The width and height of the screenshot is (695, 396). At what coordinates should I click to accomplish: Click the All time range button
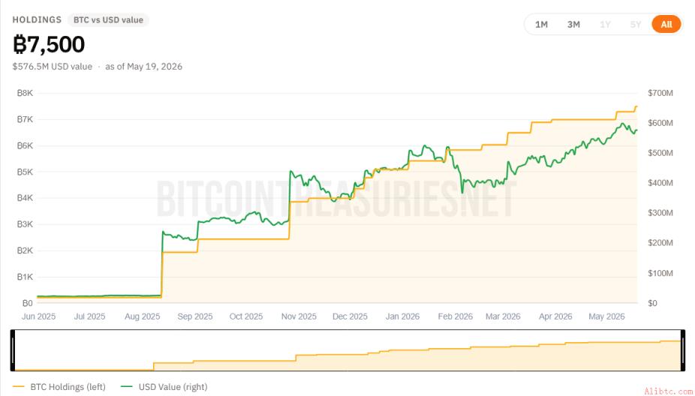[666, 24]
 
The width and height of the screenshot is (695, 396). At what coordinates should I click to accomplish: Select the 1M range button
[541, 24]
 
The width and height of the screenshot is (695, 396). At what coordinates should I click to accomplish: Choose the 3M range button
[573, 24]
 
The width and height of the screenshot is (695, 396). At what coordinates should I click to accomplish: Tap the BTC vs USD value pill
[108, 20]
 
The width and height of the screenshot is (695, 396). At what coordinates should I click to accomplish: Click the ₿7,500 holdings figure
[49, 44]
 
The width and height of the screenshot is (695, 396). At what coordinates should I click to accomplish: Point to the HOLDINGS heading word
[37, 20]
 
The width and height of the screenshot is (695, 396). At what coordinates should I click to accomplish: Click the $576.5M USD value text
[53, 67]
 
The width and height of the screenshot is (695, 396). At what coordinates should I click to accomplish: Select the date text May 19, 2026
[155, 67]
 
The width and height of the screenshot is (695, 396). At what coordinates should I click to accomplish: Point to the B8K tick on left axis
[25, 93]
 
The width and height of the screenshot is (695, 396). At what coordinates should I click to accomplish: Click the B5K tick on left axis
[25, 172]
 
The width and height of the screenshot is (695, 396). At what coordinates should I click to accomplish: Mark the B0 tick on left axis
[28, 303]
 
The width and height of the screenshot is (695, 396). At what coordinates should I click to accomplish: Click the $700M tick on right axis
[660, 93]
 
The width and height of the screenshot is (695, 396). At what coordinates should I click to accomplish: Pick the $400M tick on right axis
[660, 182]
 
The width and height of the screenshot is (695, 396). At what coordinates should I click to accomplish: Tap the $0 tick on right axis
[652, 303]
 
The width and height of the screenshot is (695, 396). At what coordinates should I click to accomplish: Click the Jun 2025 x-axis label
[38, 316]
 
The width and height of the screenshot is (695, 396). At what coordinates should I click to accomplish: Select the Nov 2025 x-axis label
[299, 316]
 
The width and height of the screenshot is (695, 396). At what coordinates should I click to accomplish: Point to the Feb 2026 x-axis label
[456, 316]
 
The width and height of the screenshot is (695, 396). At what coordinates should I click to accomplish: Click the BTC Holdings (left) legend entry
[59, 387]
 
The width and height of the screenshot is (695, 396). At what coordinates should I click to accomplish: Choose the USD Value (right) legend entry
[164, 387]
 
